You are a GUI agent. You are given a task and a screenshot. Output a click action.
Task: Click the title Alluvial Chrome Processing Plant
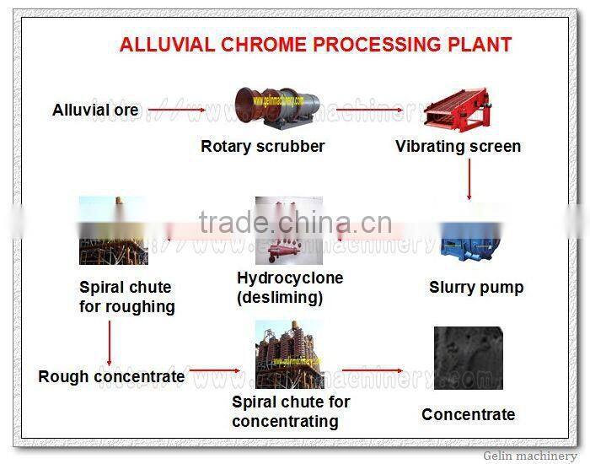point(315,45)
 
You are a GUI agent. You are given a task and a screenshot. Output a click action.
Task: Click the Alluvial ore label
point(95,111)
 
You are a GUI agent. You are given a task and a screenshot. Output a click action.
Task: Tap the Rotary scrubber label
point(262,147)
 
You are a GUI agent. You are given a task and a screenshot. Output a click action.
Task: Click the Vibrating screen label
point(458,147)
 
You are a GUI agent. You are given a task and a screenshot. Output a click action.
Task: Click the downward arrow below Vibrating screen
point(469,180)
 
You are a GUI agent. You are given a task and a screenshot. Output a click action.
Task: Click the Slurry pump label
point(476,288)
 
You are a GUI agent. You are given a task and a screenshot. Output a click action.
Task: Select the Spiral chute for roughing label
point(127,296)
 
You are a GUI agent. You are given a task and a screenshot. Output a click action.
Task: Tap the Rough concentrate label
point(111,377)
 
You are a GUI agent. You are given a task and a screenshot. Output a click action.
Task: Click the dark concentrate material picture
point(468,359)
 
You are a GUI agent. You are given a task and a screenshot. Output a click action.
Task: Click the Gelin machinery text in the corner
point(530,456)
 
